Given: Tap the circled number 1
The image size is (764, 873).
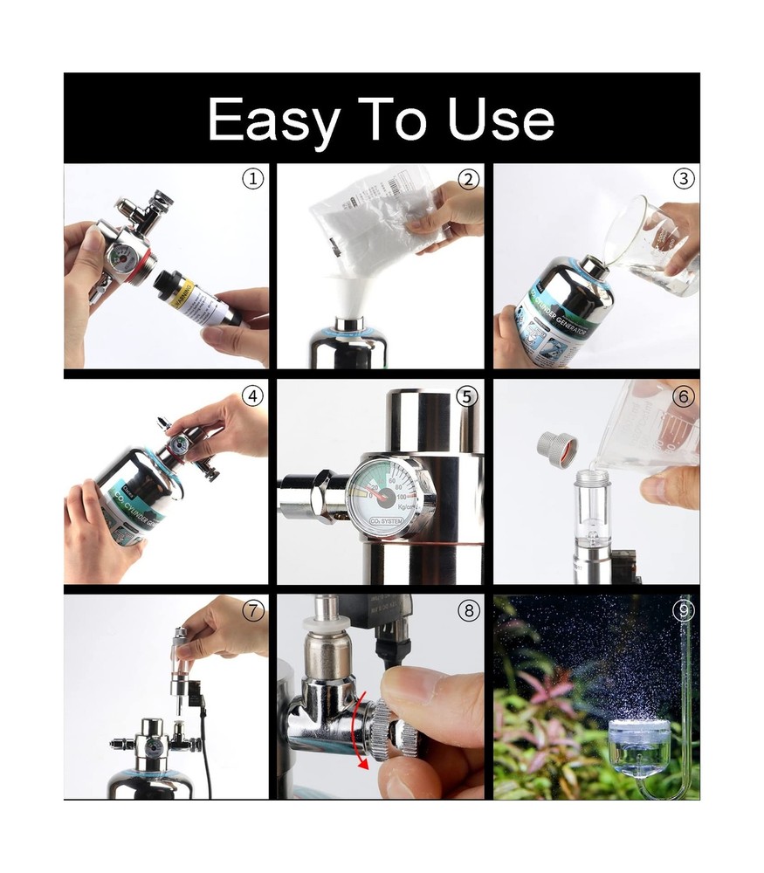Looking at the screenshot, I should [x=252, y=179].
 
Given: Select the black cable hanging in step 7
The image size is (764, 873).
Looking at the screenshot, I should [x=208, y=760].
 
